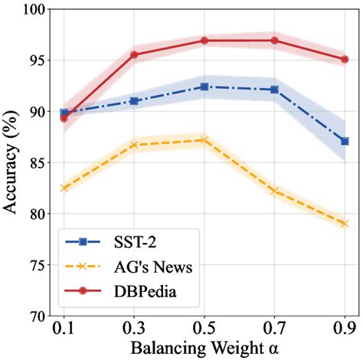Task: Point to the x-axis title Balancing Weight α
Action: click(x=204, y=348)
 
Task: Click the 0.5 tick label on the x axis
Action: click(x=204, y=329)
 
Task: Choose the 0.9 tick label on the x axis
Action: click(x=345, y=329)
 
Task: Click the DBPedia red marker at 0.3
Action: click(x=134, y=55)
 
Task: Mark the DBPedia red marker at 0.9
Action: click(x=345, y=59)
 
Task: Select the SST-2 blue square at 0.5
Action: click(x=204, y=87)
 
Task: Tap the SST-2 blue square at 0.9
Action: click(x=345, y=141)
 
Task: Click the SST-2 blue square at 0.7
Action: click(x=274, y=90)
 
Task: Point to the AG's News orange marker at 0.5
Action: click(x=204, y=140)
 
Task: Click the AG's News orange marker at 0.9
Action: click(x=345, y=224)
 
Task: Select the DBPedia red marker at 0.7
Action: click(x=274, y=41)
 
